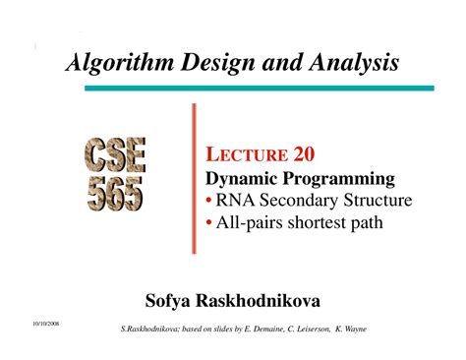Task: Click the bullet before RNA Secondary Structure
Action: click(209, 201)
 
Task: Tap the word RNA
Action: click(236, 201)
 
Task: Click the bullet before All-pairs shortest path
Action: click(209, 222)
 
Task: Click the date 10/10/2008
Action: click(32, 322)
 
